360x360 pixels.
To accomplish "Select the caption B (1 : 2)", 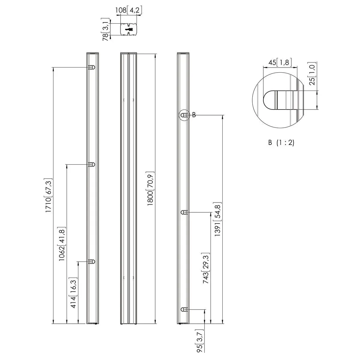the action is [x=281, y=143].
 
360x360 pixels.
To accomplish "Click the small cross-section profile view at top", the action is [x=129, y=29].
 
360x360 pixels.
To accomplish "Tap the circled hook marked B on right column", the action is [x=185, y=115].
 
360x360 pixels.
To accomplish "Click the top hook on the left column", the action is [x=91, y=67].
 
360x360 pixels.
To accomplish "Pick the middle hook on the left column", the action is [x=91, y=164].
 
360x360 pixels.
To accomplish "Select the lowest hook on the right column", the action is [x=184, y=309].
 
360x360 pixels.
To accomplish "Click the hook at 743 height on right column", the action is [x=184, y=212].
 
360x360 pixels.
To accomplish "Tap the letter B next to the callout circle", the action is [x=194, y=115].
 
